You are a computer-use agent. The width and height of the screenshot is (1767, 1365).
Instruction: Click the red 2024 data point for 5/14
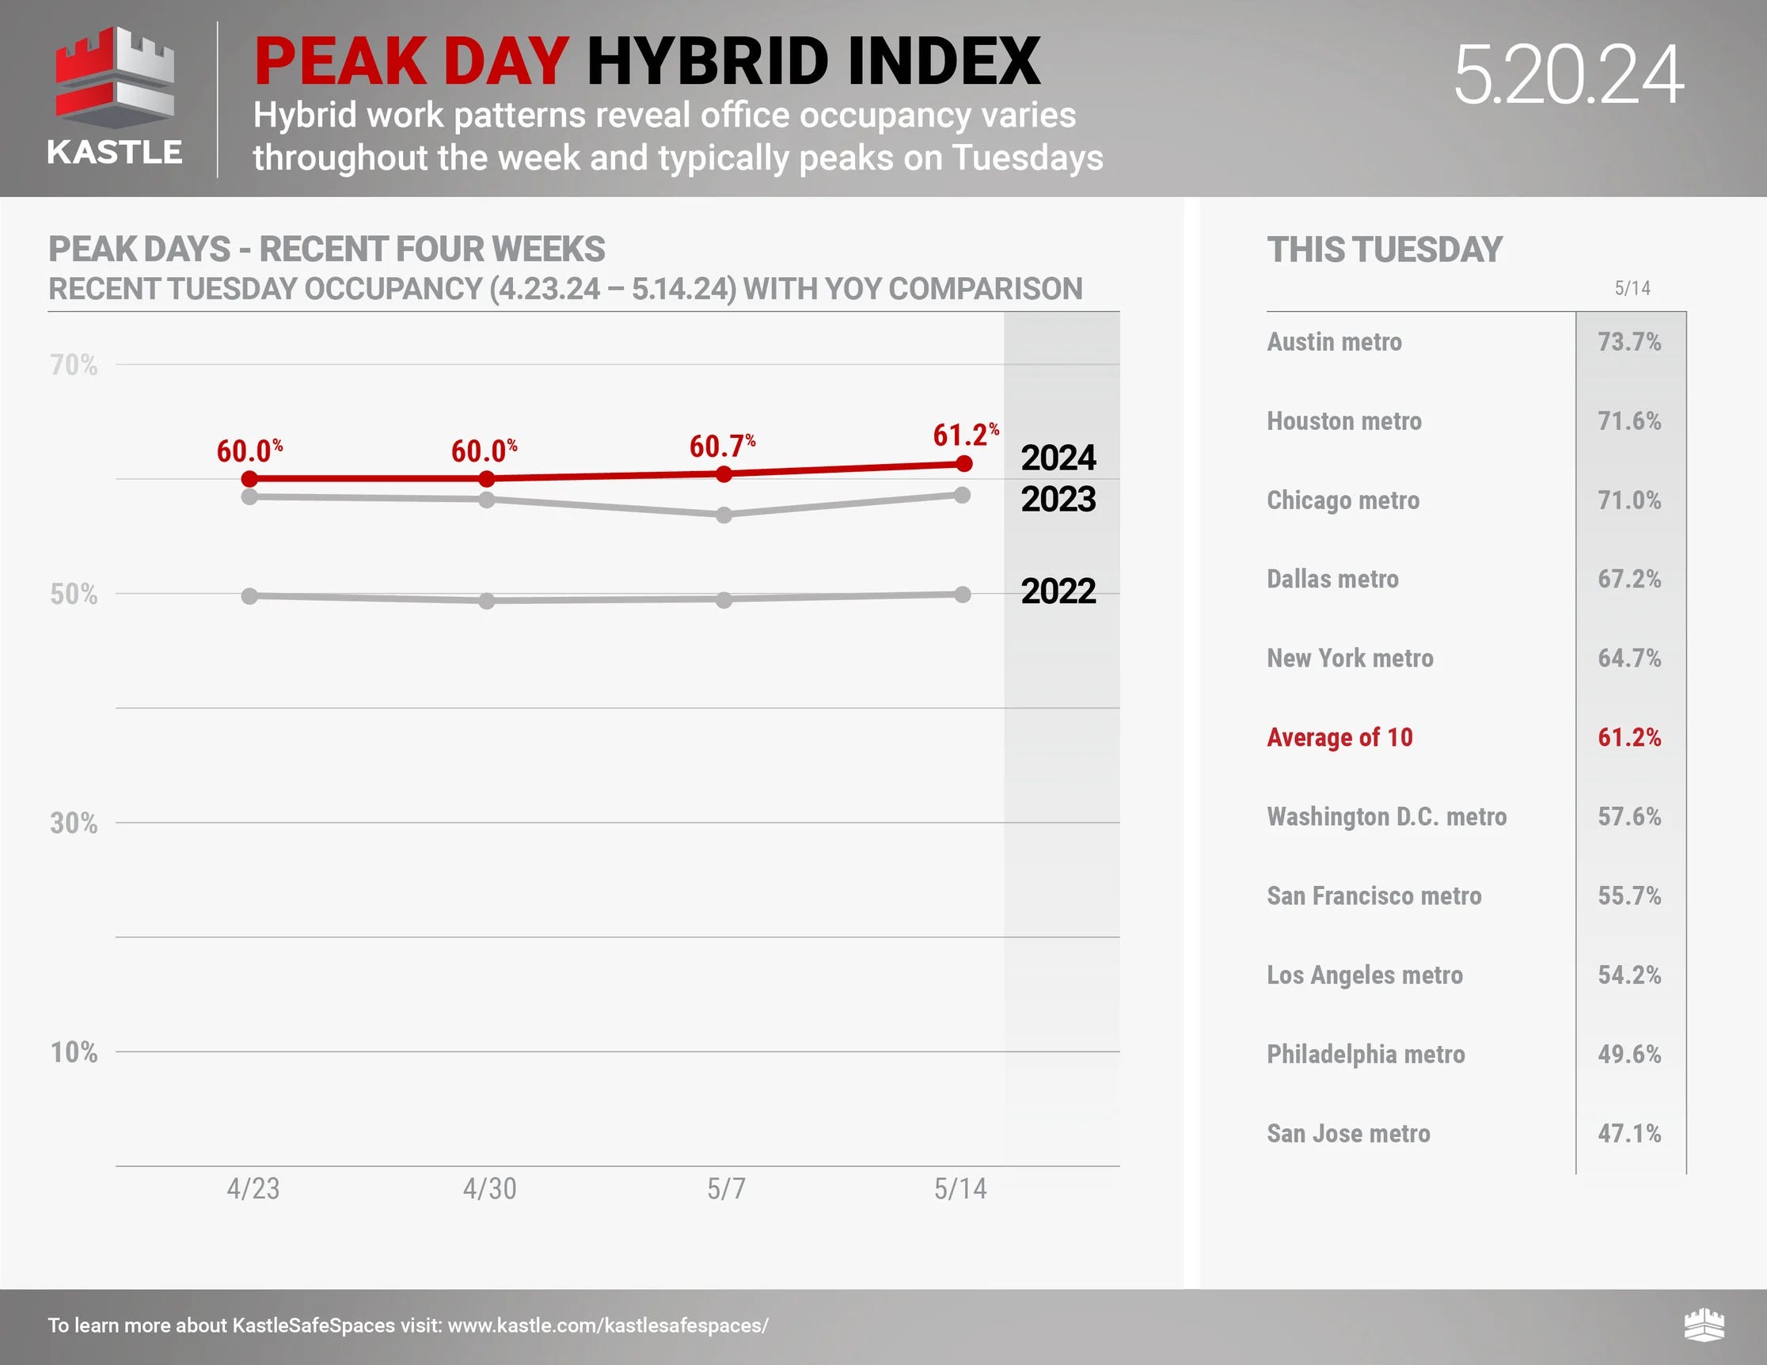963,464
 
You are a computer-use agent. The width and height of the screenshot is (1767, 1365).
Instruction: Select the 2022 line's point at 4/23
250,596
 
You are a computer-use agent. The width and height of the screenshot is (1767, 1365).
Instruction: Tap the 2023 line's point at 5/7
724,515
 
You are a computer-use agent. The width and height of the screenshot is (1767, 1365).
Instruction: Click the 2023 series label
1058,499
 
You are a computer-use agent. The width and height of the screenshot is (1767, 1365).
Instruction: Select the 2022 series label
1058,591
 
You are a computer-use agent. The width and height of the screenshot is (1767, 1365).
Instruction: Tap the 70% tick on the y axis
74,365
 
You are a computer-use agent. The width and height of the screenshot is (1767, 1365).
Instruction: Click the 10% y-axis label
74,1052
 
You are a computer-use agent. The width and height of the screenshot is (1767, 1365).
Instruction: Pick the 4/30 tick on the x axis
489,1188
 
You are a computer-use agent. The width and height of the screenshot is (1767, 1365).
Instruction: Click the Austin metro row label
1334,341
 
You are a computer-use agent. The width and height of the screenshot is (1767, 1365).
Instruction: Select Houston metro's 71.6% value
1628,420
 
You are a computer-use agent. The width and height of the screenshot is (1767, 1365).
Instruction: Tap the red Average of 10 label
1339,737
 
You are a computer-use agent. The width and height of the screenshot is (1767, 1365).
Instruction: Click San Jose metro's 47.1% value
1628,1133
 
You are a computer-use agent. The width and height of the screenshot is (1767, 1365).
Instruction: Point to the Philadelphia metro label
1366,1054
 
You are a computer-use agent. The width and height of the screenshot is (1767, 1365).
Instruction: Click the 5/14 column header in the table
1632,288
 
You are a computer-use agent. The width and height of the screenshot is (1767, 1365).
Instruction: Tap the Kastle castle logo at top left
115,81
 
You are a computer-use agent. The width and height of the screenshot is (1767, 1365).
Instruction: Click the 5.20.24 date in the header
1568,75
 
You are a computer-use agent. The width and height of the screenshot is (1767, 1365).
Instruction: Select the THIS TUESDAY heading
1385,249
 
